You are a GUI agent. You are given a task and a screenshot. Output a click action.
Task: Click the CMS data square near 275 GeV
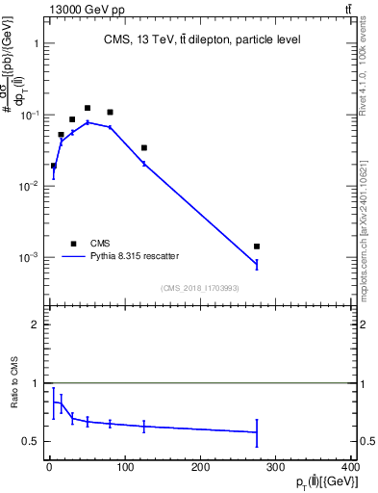click(x=257, y=246)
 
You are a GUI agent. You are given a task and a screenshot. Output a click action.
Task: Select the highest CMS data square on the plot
click(x=88, y=108)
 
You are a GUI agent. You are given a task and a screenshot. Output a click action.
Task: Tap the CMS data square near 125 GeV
click(x=144, y=147)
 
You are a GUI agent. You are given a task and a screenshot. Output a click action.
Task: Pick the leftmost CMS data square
click(x=53, y=166)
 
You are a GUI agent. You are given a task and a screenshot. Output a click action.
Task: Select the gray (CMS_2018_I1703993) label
click(x=199, y=288)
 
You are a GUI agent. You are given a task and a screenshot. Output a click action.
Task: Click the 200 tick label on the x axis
click(x=200, y=467)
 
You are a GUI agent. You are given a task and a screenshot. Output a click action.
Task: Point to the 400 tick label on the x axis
click(x=351, y=467)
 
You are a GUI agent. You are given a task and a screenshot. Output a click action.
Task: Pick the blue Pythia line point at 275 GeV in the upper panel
click(x=257, y=264)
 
